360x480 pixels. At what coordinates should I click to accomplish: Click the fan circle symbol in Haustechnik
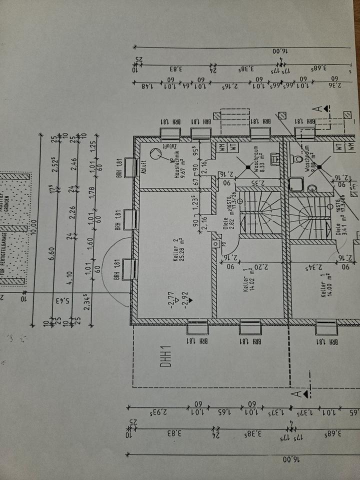coord(157,154)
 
